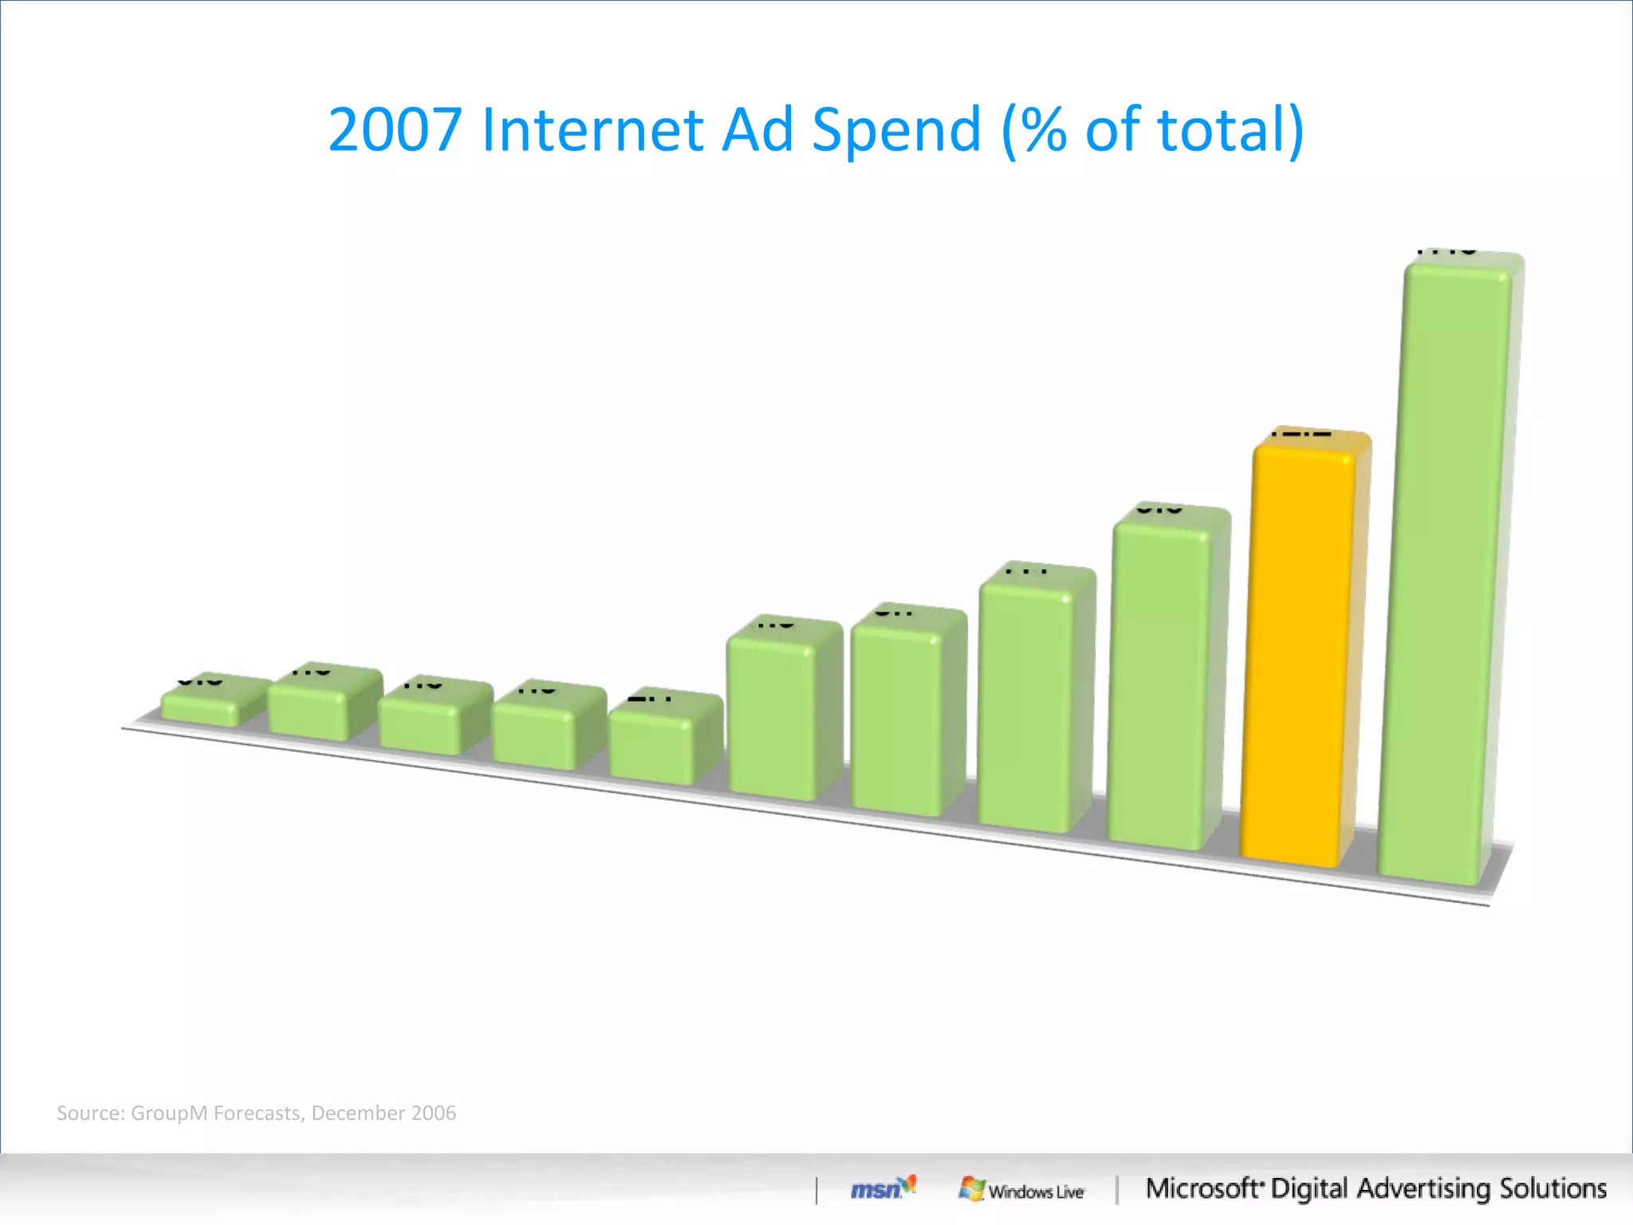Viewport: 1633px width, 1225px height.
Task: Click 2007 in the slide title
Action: click(395, 129)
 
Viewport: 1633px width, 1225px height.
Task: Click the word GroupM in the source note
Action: click(169, 1113)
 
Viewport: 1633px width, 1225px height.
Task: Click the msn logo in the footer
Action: click(882, 1188)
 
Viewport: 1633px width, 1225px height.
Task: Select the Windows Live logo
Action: click(1022, 1190)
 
